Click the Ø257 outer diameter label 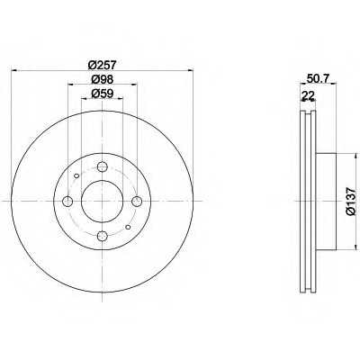click(103, 65)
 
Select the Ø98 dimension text click(103, 79)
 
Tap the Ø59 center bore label click(103, 94)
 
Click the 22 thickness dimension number click(308, 96)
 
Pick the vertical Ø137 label click(350, 202)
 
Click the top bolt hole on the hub click(103, 166)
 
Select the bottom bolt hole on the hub click(103, 236)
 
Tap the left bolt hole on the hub click(67, 202)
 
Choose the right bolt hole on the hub click(137, 202)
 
